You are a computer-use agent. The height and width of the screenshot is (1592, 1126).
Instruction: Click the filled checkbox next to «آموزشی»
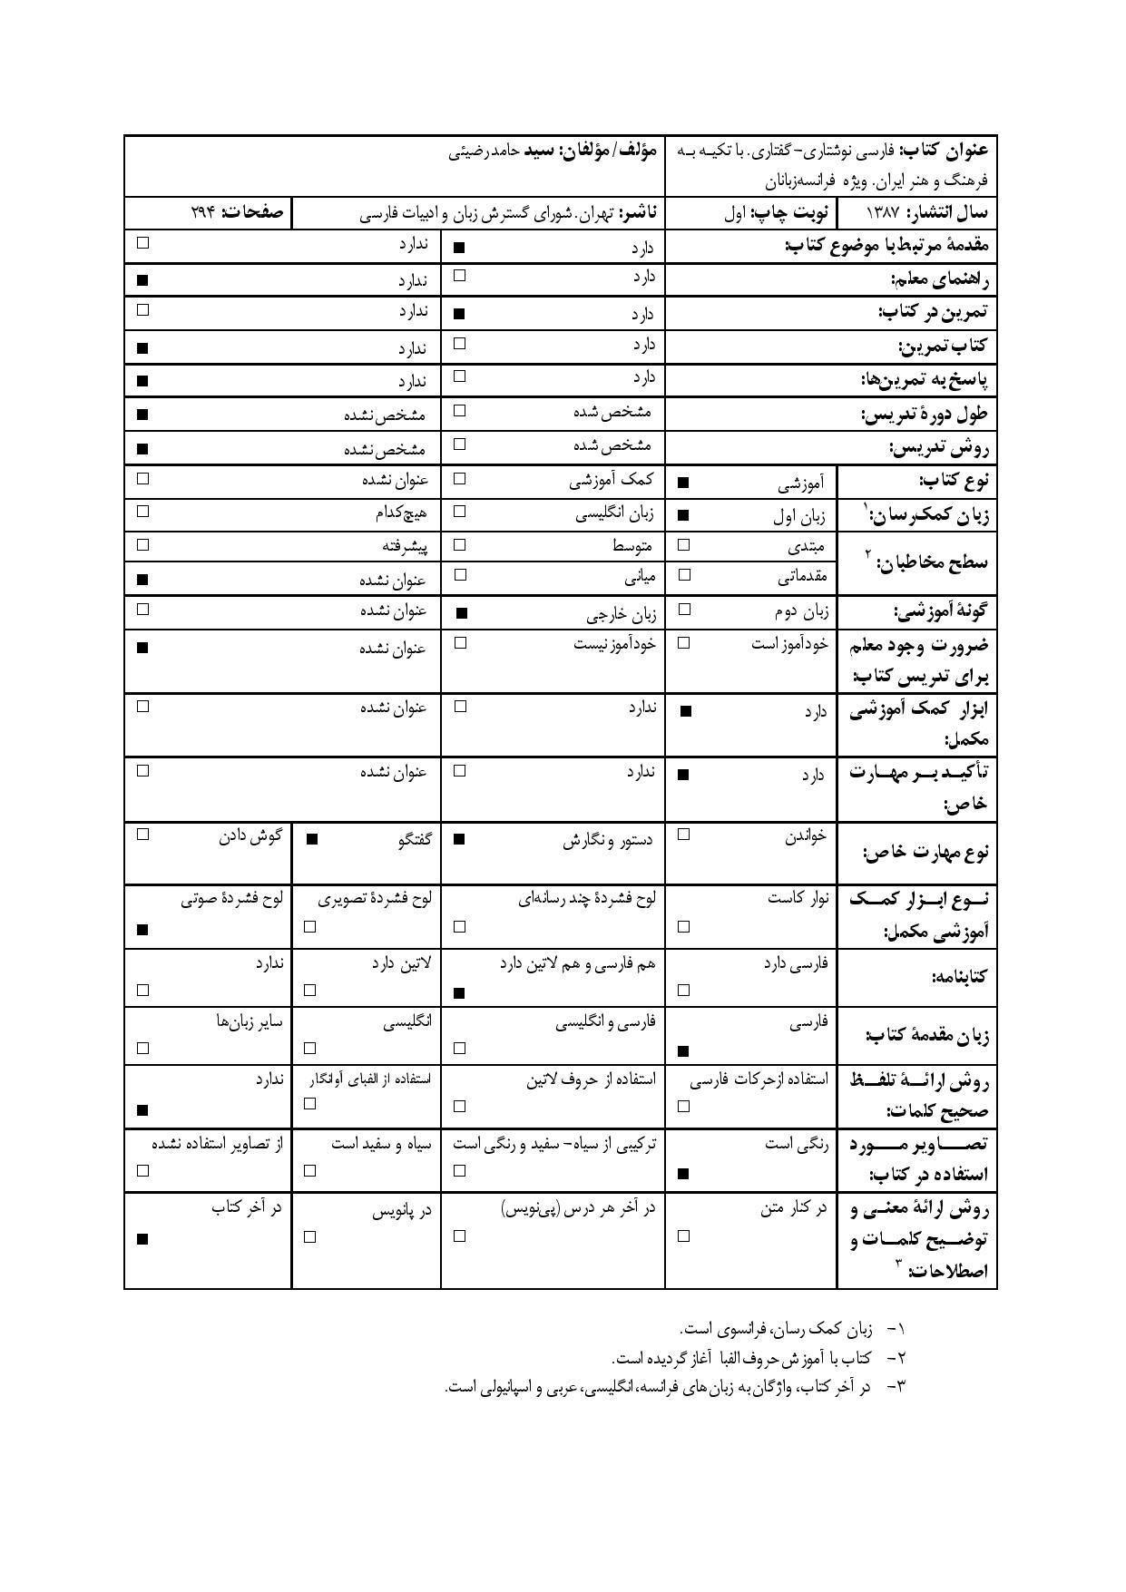pos(685,483)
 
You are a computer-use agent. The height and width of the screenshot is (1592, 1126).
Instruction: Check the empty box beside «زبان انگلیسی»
pos(460,512)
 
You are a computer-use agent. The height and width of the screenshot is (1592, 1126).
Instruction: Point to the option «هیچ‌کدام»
pos(401,513)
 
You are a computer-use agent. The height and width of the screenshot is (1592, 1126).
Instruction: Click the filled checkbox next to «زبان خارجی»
pos(460,613)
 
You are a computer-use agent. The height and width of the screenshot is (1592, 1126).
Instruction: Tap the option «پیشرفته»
pos(404,546)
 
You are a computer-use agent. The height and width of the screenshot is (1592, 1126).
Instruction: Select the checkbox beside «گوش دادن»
pos(142,835)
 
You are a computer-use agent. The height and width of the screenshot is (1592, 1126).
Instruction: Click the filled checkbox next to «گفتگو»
pos(311,839)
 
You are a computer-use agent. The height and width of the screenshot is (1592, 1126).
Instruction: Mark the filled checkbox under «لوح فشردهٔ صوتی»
pos(142,930)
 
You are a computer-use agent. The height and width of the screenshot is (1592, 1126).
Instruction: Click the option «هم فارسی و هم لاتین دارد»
pos(577,963)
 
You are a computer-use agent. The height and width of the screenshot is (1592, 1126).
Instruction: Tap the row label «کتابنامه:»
pos(958,977)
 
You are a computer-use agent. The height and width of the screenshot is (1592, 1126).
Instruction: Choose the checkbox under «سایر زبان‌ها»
pos(142,1049)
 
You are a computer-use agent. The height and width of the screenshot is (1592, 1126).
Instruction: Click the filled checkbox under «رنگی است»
pos(685,1174)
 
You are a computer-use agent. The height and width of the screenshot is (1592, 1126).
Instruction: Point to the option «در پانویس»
pos(402,1210)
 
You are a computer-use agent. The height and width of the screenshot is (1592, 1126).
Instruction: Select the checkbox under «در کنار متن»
pos(685,1236)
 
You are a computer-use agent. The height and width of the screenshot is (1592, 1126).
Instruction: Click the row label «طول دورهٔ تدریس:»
pos(924,415)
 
